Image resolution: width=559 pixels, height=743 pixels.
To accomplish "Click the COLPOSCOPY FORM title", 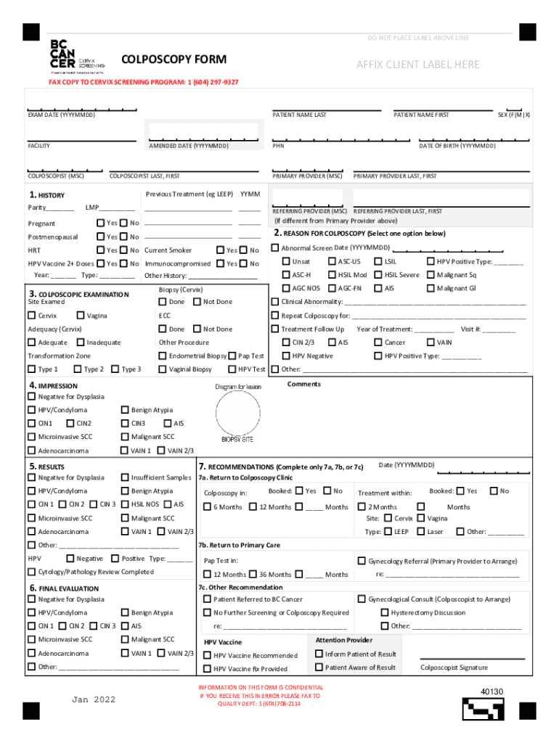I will pyautogui.click(x=174, y=59).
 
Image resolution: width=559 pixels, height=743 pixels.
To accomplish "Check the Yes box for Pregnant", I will pyautogui.click(x=101, y=223).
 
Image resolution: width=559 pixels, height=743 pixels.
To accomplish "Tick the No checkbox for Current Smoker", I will pyautogui.click(x=244, y=250).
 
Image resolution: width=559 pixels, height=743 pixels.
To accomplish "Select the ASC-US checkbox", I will pyautogui.click(x=332, y=261).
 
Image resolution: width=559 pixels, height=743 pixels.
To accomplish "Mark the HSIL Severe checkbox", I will pyautogui.click(x=378, y=275).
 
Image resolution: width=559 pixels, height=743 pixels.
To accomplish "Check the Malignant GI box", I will pyautogui.click(x=431, y=288).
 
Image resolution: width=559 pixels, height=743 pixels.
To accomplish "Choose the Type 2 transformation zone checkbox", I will pyautogui.click(x=78, y=369).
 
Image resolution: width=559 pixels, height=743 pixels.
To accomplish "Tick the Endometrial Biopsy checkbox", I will pyautogui.click(x=163, y=356).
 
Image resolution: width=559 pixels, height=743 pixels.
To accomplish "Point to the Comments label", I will pyautogui.click(x=303, y=384).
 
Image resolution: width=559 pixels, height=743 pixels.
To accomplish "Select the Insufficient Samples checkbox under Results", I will pyautogui.click(x=125, y=477).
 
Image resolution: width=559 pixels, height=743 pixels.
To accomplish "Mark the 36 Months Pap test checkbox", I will pyautogui.click(x=253, y=574).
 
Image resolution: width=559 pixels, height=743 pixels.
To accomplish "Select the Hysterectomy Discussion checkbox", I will pyautogui.click(x=385, y=612).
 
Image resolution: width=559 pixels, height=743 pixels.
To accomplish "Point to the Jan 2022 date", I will pyautogui.click(x=94, y=699).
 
